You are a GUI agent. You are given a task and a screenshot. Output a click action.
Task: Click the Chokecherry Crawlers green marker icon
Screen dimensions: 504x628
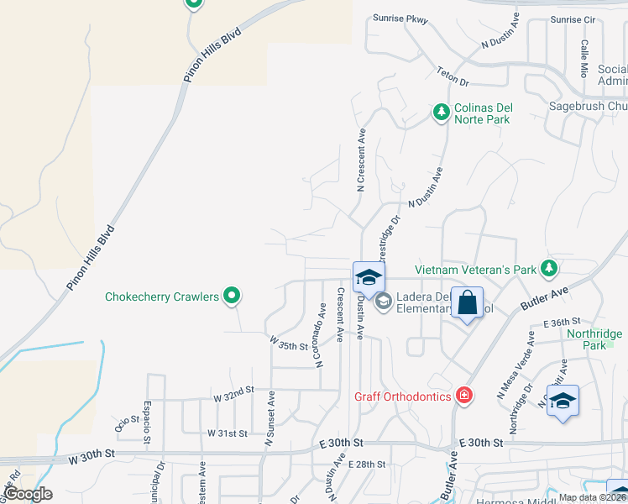point(233,296)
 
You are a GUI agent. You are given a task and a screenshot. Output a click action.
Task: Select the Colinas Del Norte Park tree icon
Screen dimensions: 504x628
point(440,111)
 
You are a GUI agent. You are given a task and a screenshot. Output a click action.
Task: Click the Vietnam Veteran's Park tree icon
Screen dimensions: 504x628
point(549,268)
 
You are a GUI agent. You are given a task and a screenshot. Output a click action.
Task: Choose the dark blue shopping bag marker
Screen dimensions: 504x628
point(467,304)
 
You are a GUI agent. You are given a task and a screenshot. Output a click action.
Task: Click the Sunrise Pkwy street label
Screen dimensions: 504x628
point(400,18)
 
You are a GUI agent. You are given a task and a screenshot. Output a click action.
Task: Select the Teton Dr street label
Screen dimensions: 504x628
point(453,77)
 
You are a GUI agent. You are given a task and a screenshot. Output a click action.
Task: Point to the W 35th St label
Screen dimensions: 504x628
point(290,344)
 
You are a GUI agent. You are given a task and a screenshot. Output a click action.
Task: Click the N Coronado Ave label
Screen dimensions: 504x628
point(320,335)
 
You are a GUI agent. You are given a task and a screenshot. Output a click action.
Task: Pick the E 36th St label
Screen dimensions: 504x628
point(562,322)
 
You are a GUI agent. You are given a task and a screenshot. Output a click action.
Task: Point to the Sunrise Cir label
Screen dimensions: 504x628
point(573,19)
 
